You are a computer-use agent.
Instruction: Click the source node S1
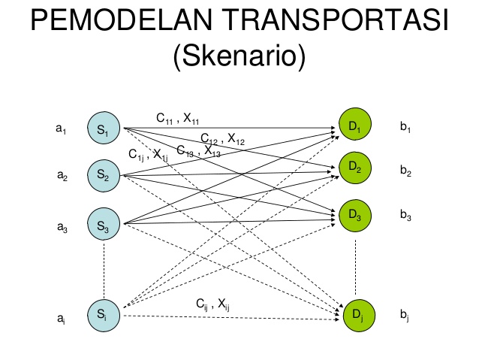pyautogui.click(x=103, y=130)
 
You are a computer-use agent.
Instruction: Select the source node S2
pyautogui.click(x=103, y=176)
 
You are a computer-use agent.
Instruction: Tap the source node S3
pyautogui.click(x=103, y=223)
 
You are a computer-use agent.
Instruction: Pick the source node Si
pyautogui.click(x=103, y=315)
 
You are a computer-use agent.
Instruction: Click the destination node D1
pyautogui.click(x=354, y=128)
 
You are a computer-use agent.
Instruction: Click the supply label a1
pyautogui.click(x=62, y=129)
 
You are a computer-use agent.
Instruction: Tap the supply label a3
pyautogui.click(x=62, y=229)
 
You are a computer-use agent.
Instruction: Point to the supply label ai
pyautogui.click(x=60, y=319)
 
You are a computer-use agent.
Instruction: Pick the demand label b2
pyautogui.click(x=405, y=171)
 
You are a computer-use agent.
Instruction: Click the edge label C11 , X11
pyautogui.click(x=177, y=118)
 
